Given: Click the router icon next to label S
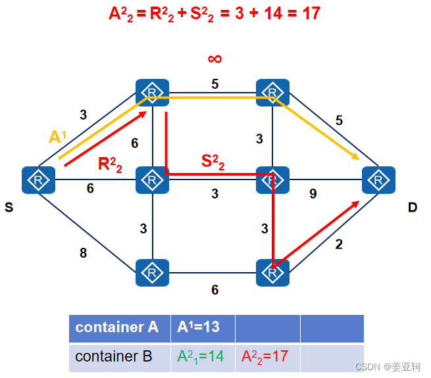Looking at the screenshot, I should [38, 180].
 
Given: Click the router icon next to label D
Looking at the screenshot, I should [378, 180].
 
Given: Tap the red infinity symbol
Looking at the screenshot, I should [215, 59].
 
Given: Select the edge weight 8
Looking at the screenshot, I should [83, 253].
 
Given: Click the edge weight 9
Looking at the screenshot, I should [314, 194].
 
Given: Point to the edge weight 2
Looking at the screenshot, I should [339, 245].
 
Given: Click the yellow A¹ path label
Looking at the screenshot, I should [58, 137].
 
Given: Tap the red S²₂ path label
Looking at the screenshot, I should [213, 162].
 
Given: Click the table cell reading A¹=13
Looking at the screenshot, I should [201, 327].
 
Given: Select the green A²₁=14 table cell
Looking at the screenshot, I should [201, 356].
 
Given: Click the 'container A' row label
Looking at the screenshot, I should [117, 327].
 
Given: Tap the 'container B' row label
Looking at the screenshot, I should [114, 356].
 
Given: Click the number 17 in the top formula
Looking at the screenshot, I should [309, 12].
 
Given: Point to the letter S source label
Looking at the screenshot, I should [9, 208].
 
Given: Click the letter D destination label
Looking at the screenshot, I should [412, 208].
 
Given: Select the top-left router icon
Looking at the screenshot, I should [152, 93].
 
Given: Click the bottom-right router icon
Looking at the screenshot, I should [272, 272].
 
